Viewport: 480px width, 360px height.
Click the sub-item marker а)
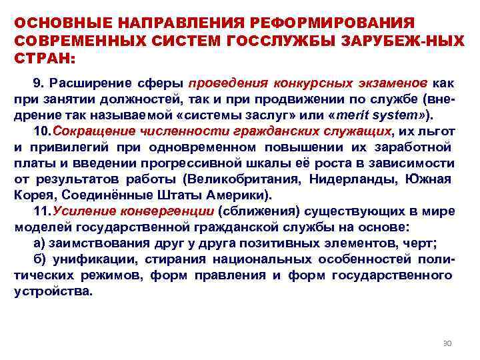[x=39, y=243]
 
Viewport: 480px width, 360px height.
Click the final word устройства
[x=54, y=292]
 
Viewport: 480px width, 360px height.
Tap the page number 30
[x=447, y=343]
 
